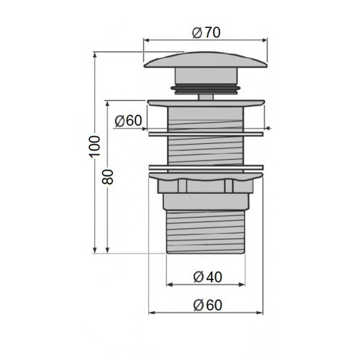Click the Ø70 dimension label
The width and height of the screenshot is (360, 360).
[206, 32]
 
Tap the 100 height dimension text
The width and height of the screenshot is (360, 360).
[95, 147]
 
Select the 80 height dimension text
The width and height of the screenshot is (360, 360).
[107, 176]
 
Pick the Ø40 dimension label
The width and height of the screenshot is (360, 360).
[207, 277]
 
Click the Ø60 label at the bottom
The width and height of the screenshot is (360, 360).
[207, 305]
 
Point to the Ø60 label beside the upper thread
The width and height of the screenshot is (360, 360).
[128, 120]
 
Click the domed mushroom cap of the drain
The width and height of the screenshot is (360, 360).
[206, 60]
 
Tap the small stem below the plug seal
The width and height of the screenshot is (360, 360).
[206, 97]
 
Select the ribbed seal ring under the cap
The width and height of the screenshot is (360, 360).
[206, 89]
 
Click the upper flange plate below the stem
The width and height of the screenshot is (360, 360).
[206, 103]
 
